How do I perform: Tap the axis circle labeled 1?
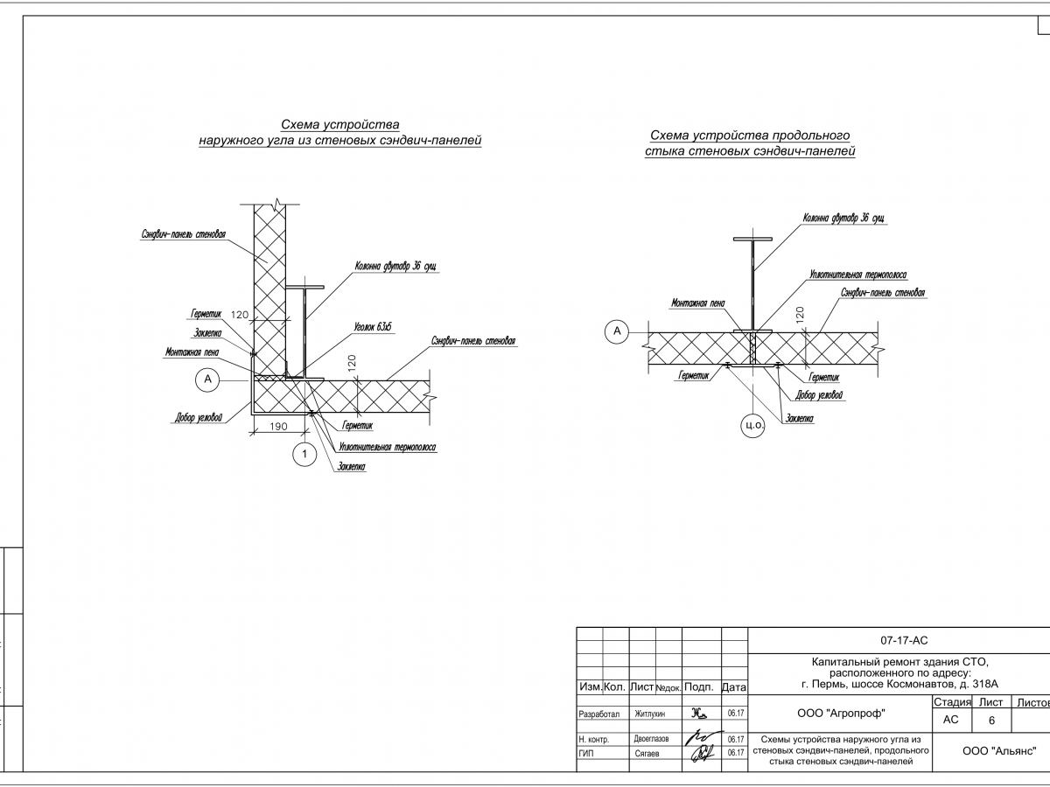click(304, 454)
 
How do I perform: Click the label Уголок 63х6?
click(373, 327)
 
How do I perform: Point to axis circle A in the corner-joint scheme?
click(207, 379)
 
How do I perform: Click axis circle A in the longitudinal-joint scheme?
click(617, 331)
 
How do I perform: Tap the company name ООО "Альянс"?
click(998, 750)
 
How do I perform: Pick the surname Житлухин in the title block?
click(650, 714)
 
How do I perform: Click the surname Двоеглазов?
click(651, 739)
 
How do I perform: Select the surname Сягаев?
click(647, 752)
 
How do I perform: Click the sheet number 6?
click(991, 721)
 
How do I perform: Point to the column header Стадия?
click(952, 702)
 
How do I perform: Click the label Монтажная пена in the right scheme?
click(697, 303)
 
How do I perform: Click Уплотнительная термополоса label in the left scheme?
click(387, 447)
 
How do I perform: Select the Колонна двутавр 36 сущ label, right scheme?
click(839, 219)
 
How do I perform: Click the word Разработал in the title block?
click(599, 714)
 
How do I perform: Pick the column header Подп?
click(701, 687)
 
